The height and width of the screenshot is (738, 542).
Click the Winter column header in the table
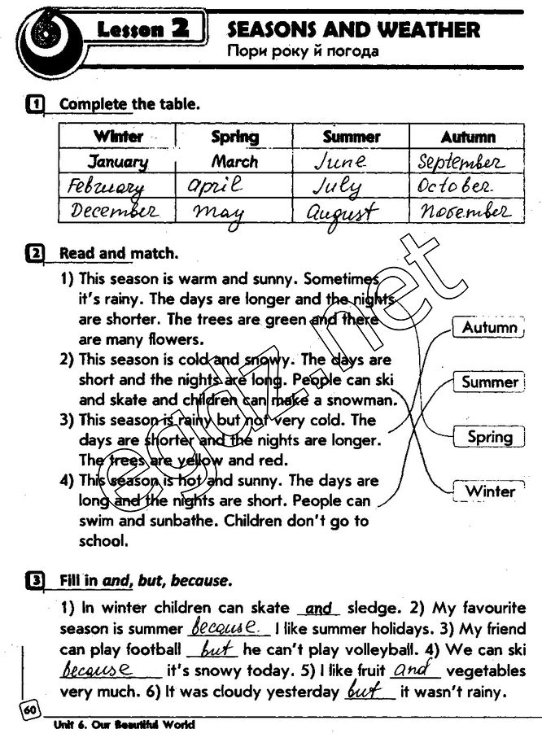(x=118, y=137)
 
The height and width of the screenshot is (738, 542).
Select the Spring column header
(x=234, y=137)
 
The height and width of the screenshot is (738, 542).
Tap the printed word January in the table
(x=118, y=161)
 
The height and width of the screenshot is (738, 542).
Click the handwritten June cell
(x=340, y=161)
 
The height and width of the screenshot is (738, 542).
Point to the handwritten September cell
(x=461, y=161)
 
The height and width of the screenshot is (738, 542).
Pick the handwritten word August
(x=342, y=213)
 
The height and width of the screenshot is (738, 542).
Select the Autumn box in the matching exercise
(x=489, y=328)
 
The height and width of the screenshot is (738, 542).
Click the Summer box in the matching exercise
(x=489, y=382)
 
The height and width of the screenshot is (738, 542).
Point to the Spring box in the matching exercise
(x=489, y=437)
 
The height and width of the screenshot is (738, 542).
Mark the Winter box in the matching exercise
(x=489, y=491)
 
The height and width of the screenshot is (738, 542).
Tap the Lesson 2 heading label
(x=142, y=32)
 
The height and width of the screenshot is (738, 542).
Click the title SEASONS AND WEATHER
(x=353, y=30)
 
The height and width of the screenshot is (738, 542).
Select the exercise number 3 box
(x=34, y=581)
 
